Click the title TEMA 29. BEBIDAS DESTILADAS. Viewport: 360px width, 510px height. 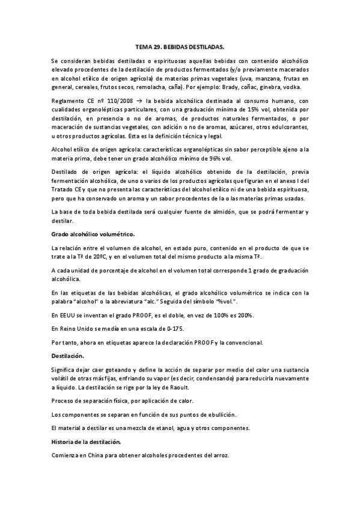[x=180, y=46]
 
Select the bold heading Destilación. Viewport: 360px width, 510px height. [x=69, y=356]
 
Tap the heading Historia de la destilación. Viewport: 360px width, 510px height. [x=87, y=442]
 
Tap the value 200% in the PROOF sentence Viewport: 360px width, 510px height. [x=245, y=316]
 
